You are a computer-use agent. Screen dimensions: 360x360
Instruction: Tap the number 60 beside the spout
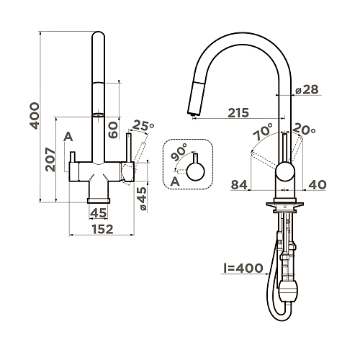point(112,130)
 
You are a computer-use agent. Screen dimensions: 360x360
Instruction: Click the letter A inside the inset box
point(175,181)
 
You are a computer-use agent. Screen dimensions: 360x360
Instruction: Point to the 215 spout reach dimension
point(239,112)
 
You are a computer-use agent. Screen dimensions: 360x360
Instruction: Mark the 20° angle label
point(305,130)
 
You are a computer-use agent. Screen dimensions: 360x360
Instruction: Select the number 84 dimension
point(239,185)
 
